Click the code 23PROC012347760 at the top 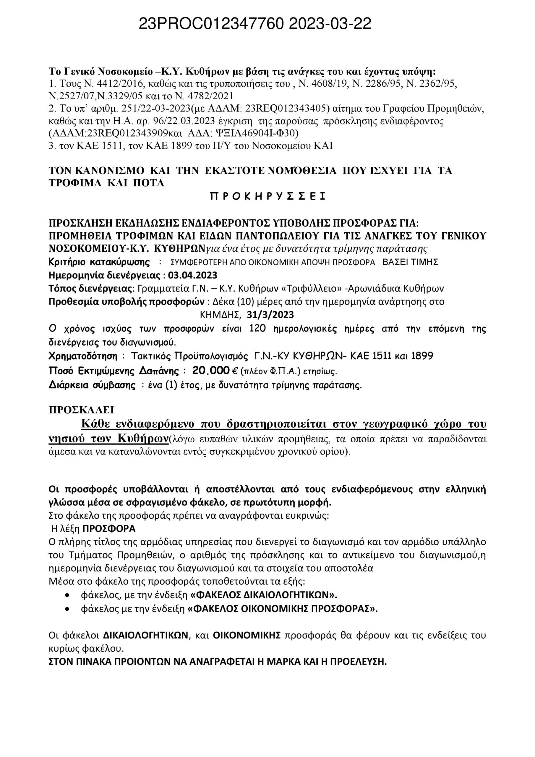[211, 24]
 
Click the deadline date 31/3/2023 [270, 315]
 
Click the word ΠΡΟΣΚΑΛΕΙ [81, 410]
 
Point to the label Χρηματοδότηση [83, 356]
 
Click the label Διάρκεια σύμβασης [92, 385]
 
